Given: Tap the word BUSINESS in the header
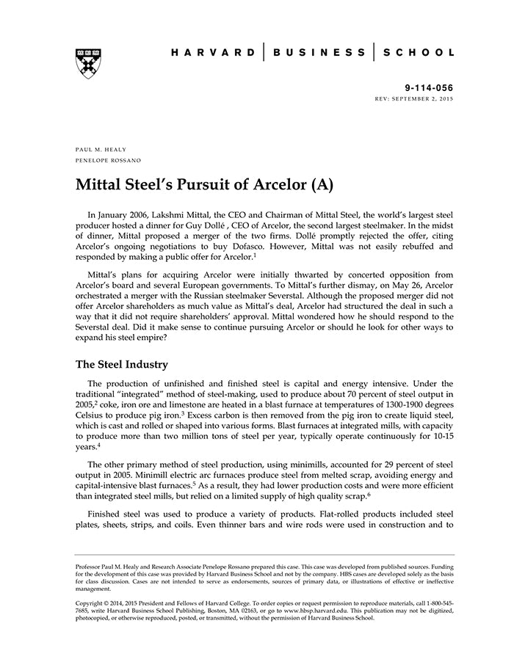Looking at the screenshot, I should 319,53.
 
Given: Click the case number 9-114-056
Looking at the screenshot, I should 430,87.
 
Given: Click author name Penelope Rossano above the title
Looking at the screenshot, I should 108,159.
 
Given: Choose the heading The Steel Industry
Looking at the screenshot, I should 122,364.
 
